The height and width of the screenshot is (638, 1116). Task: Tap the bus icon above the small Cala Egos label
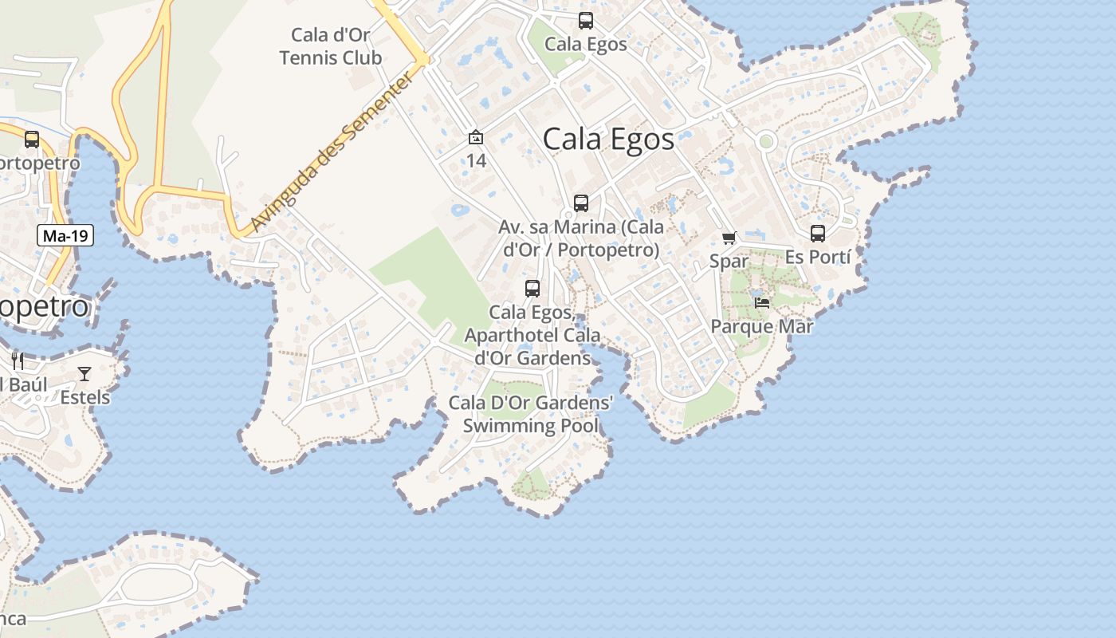[x=586, y=21]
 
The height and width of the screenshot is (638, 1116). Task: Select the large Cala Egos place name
[x=608, y=140]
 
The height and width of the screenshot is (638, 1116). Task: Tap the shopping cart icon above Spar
[x=729, y=238]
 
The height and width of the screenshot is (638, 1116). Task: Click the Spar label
[x=729, y=261]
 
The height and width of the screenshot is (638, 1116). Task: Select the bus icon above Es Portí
[x=818, y=234]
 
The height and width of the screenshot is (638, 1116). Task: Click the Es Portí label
[x=818, y=257]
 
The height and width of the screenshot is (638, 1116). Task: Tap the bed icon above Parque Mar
[x=762, y=303]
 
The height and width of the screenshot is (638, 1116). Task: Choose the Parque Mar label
[x=762, y=326]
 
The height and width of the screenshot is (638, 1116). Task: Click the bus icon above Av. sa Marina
[x=581, y=203]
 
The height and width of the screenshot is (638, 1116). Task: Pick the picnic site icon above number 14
[x=476, y=137]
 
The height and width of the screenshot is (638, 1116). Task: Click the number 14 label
[x=476, y=161]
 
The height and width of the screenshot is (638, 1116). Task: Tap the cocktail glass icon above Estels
[x=84, y=373]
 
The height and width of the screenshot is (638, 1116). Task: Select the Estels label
[x=85, y=396]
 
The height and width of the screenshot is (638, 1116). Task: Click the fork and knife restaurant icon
[x=18, y=361]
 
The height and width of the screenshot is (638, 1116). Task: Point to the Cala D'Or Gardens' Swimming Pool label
[x=531, y=414]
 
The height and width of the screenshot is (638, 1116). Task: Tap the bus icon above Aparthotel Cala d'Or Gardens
[x=532, y=289]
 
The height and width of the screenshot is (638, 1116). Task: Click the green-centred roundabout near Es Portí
[x=766, y=141]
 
